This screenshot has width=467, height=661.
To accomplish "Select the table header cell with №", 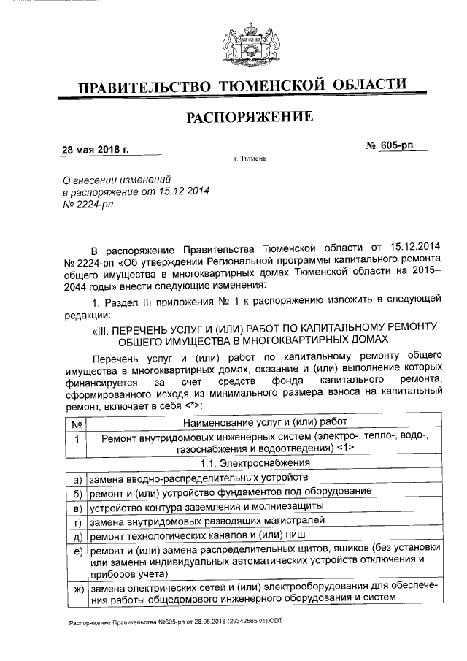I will (x=76, y=422).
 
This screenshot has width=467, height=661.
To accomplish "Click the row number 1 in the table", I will (x=76, y=438).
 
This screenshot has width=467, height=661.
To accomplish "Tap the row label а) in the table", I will (x=76, y=478).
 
